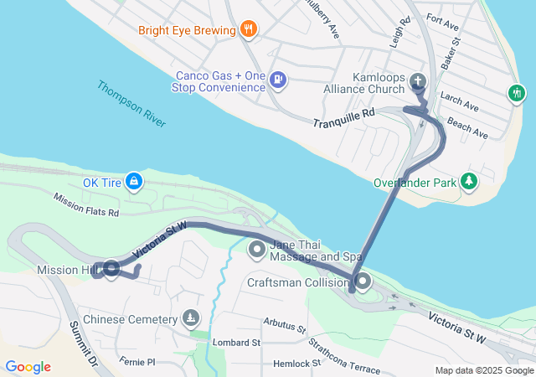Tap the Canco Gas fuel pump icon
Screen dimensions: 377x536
pyautogui.click(x=279, y=81)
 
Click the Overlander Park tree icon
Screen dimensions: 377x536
pyautogui.click(x=470, y=181)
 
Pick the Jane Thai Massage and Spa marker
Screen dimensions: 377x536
pyautogui.click(x=258, y=249)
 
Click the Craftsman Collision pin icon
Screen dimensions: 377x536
pyautogui.click(x=362, y=282)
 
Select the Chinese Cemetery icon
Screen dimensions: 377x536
pyautogui.click(x=192, y=318)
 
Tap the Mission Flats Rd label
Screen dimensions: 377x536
pyautogui.click(x=86, y=205)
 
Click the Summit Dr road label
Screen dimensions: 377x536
pyautogui.click(x=85, y=345)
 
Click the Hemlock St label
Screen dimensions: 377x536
pyautogui.click(x=296, y=364)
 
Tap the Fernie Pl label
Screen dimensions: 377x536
pyautogui.click(x=137, y=362)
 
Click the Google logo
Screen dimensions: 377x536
pyautogui.click(x=28, y=367)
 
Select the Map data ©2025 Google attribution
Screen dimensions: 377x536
pyautogui.click(x=484, y=370)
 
